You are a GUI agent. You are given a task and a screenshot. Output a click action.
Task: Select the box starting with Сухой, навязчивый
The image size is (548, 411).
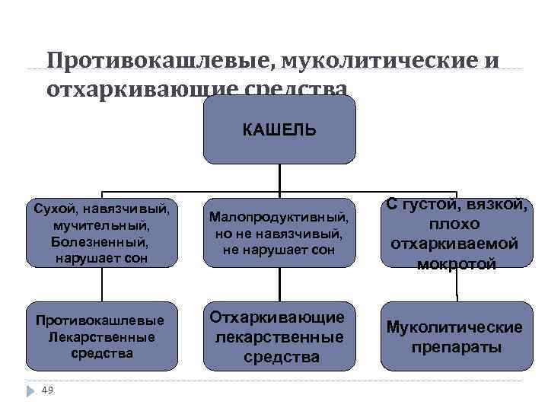pos(102,233)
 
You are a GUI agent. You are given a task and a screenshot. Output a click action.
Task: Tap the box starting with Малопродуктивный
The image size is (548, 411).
pos(279,233)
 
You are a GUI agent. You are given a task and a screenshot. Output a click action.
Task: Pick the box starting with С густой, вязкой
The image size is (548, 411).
pos(456,233)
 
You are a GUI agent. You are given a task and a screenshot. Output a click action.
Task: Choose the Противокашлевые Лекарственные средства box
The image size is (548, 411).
pos(102,336)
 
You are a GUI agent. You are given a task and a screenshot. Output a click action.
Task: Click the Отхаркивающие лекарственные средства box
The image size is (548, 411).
pos(279,336)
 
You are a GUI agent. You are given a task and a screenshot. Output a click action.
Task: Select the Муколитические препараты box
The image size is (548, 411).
pos(456,336)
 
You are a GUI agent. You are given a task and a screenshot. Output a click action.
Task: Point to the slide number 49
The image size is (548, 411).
pos(47,390)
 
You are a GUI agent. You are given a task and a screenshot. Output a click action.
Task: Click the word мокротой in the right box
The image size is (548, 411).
pos(456,263)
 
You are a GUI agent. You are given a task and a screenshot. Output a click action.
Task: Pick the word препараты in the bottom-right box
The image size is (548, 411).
pos(456,347)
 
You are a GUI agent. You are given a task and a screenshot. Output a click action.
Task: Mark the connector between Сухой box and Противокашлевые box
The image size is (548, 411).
pos(102,285)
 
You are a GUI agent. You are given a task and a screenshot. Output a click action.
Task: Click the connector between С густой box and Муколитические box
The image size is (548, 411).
pos(457,285)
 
